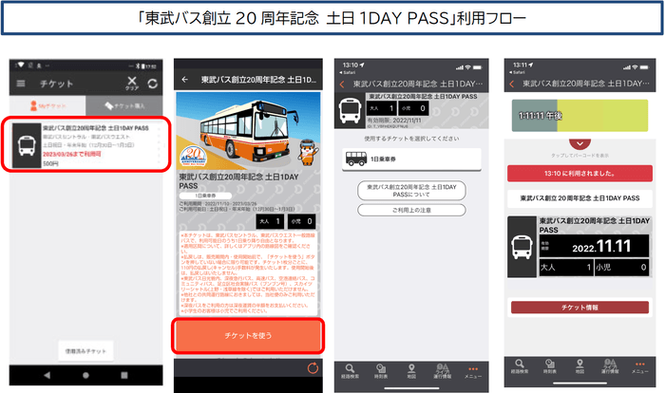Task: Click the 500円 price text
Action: tap(50, 163)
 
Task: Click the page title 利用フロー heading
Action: tap(332, 19)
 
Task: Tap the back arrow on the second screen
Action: tap(184, 80)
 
